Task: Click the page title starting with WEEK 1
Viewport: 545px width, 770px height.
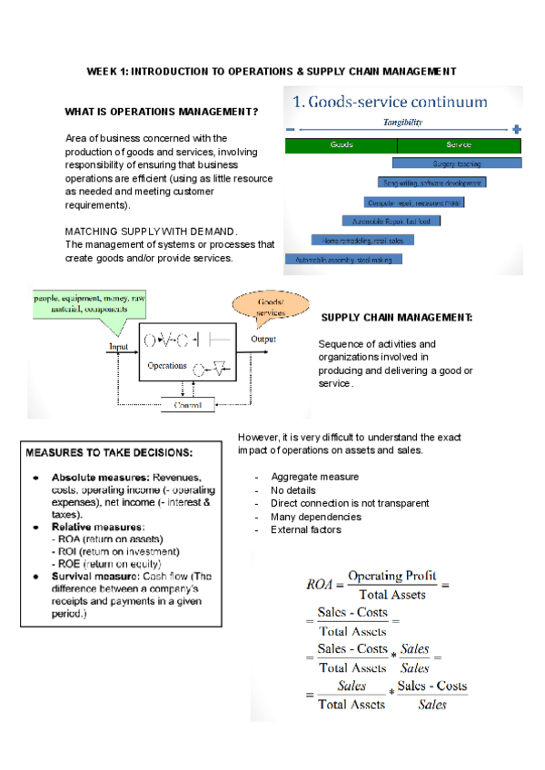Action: tap(271, 71)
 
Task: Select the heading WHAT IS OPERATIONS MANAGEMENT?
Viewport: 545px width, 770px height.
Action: tap(161, 113)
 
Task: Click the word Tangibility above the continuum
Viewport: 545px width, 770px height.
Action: tap(401, 122)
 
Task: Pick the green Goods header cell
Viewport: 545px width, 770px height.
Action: tap(342, 144)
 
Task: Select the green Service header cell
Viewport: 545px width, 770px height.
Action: tap(459, 144)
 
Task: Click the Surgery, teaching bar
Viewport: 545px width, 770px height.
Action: tap(457, 163)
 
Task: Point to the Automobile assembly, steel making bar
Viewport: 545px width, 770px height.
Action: tap(342, 259)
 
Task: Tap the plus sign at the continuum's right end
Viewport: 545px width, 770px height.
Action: tap(516, 129)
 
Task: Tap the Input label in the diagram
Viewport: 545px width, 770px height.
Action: tap(119, 346)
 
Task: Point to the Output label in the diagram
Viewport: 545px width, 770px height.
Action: tap(263, 339)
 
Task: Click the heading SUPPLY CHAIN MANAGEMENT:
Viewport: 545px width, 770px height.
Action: tap(397, 317)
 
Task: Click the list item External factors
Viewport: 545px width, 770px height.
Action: tap(305, 530)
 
